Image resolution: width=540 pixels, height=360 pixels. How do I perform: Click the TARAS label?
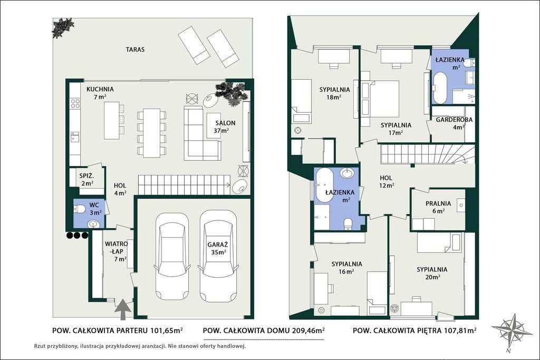(x=135, y=50)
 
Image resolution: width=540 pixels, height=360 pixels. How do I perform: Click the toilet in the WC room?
(x=80, y=209)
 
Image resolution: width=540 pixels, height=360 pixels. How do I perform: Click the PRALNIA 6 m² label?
(x=438, y=207)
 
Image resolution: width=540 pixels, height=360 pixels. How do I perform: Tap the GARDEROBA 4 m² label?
(x=454, y=123)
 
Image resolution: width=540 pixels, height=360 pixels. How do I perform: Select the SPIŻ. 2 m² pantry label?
(x=86, y=179)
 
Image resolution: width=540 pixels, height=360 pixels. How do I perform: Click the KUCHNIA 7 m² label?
(x=100, y=93)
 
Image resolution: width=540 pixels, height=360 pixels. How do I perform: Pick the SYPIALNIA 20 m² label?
(x=432, y=273)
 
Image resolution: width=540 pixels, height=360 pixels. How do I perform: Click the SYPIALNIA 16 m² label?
(x=346, y=268)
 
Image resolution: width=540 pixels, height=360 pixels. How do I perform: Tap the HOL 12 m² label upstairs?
(x=386, y=182)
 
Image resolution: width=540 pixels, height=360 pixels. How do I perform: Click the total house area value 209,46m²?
(x=308, y=330)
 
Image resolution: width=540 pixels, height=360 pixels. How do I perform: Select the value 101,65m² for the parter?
(x=167, y=330)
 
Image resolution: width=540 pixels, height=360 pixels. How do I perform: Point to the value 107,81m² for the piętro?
(x=460, y=330)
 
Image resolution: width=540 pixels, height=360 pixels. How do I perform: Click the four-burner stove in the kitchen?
(x=75, y=103)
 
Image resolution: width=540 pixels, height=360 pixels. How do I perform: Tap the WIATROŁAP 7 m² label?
(x=115, y=251)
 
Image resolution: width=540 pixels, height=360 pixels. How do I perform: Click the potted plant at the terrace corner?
(x=63, y=27)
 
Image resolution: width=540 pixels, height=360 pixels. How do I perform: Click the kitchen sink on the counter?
(x=75, y=137)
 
